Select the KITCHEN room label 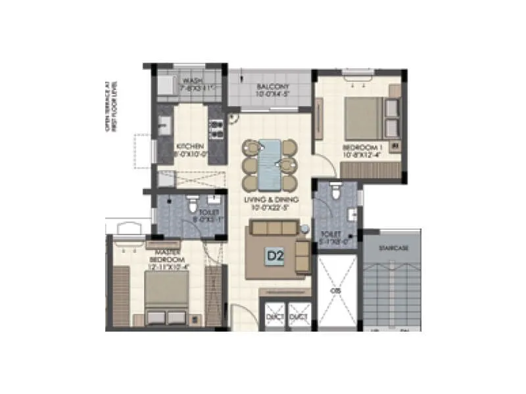tap(190, 146)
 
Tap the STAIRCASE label tap(394, 248)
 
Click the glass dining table tap(270, 164)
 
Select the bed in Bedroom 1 tap(360, 118)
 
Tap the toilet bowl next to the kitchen tap(193, 206)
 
